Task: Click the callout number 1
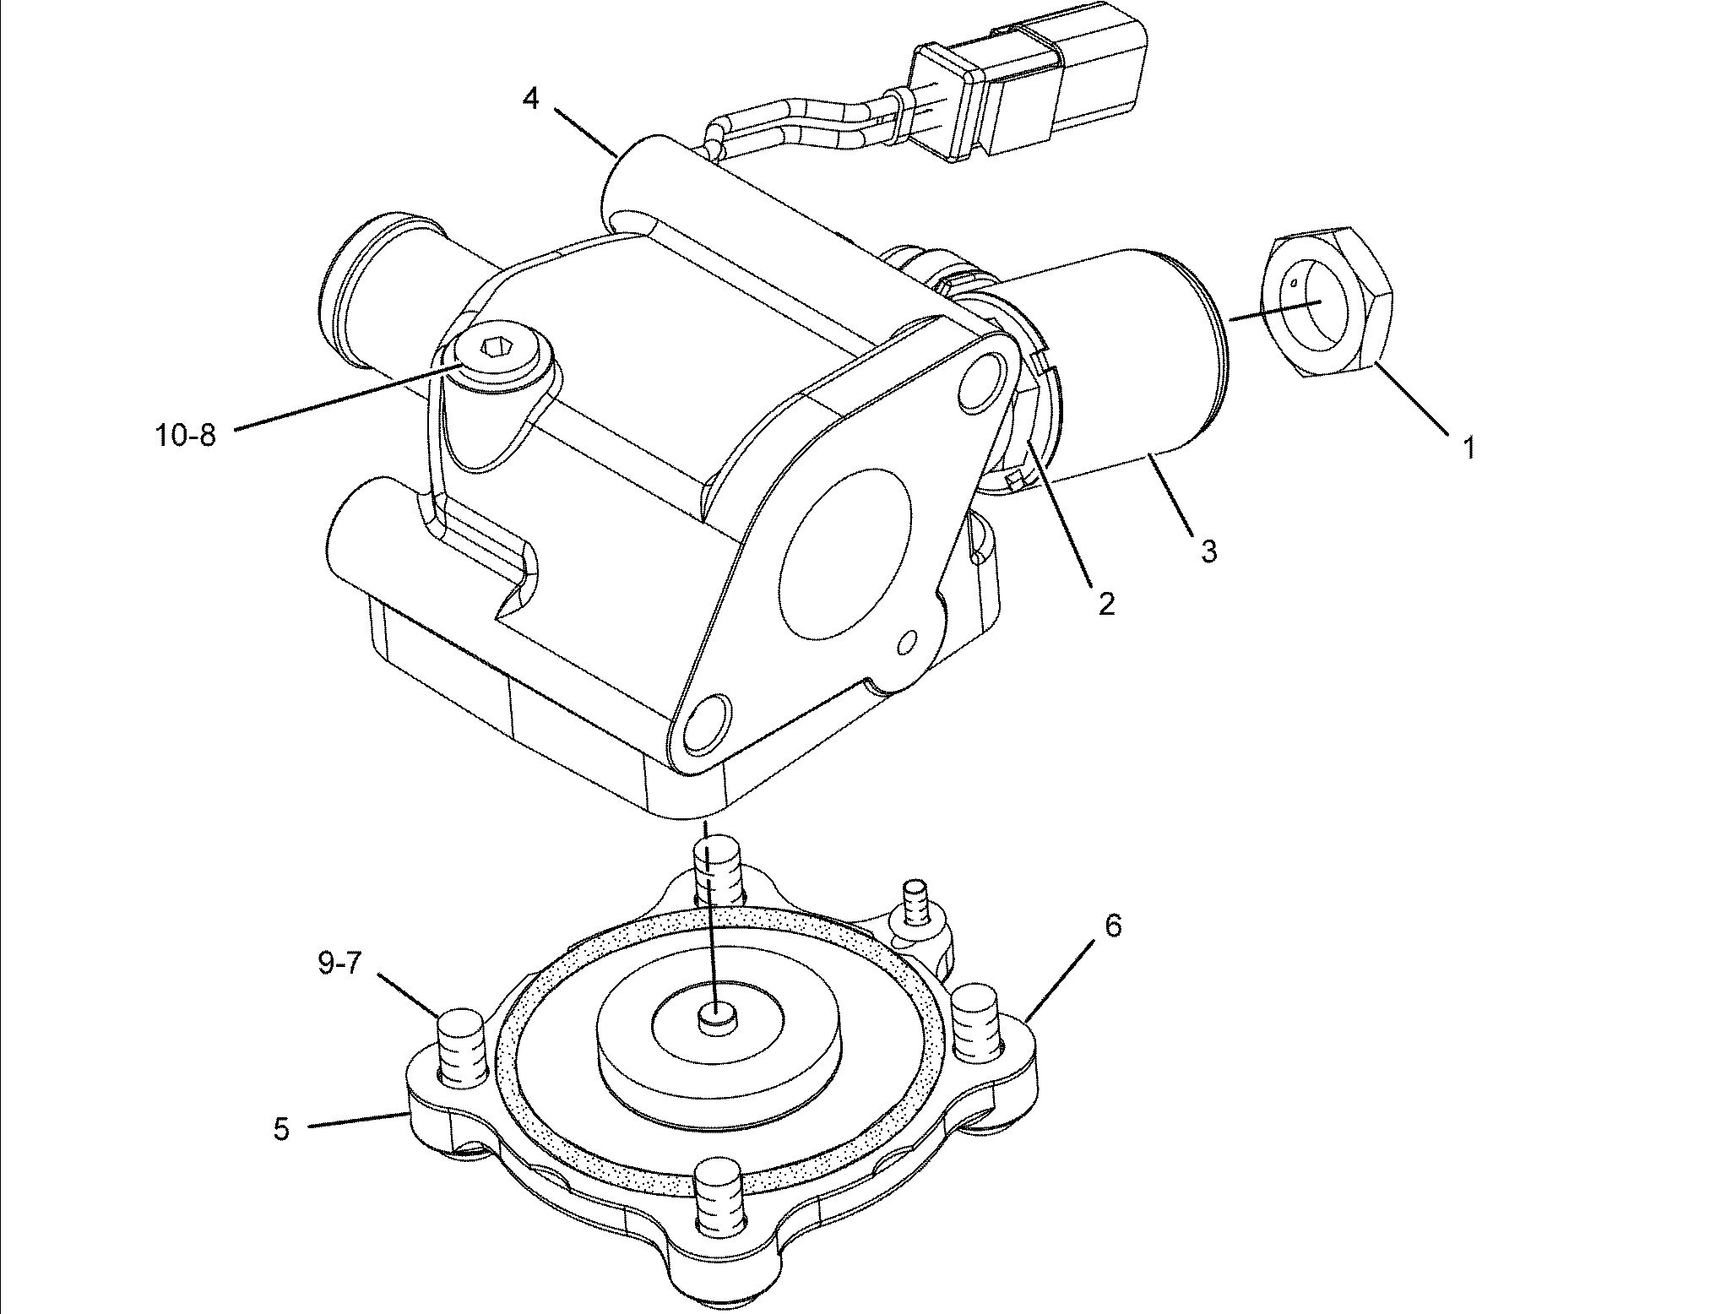(1469, 447)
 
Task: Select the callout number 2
(1106, 602)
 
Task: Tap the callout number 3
(1209, 551)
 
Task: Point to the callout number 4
(530, 99)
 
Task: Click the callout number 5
(281, 1128)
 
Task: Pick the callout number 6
(1114, 926)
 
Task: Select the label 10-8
(186, 435)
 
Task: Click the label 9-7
(339, 964)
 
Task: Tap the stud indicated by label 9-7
(461, 1047)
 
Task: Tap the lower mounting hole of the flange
(706, 723)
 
